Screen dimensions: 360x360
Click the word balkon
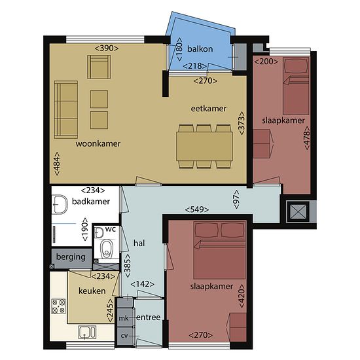(200, 49)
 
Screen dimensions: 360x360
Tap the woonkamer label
(98, 144)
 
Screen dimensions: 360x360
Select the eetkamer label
(209, 109)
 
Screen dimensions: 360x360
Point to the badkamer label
(91, 202)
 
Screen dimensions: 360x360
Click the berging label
(71, 257)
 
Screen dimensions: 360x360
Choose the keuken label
(92, 291)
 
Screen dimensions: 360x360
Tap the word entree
(149, 317)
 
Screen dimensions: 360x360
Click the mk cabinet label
(124, 319)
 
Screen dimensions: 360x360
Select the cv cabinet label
(124, 336)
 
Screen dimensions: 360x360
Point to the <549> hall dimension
(197, 209)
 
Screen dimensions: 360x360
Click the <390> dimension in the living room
(107, 48)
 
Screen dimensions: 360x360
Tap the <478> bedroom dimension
(307, 138)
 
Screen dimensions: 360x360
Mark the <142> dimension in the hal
(142, 284)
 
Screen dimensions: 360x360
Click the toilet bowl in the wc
(107, 249)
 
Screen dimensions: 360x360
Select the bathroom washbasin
(60, 204)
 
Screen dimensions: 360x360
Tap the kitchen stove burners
(58, 306)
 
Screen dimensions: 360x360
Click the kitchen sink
(87, 333)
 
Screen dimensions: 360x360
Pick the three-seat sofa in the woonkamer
(66, 109)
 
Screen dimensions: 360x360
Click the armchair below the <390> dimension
(99, 67)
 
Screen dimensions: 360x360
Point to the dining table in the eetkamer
(204, 147)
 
